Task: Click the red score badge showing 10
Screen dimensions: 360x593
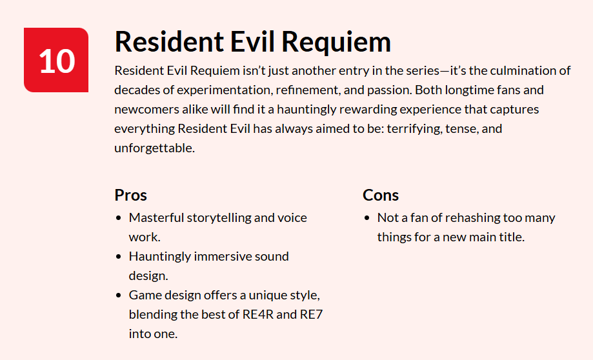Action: pos(56,60)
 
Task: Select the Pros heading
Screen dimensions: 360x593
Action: pos(131,195)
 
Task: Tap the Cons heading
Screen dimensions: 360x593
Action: pos(381,195)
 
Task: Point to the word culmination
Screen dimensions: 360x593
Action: pos(519,70)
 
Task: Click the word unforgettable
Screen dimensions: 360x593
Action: pos(154,148)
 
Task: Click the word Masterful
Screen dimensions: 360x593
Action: pos(156,217)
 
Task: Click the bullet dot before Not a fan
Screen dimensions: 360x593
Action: pos(367,218)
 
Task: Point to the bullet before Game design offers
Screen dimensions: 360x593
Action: pos(118,295)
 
